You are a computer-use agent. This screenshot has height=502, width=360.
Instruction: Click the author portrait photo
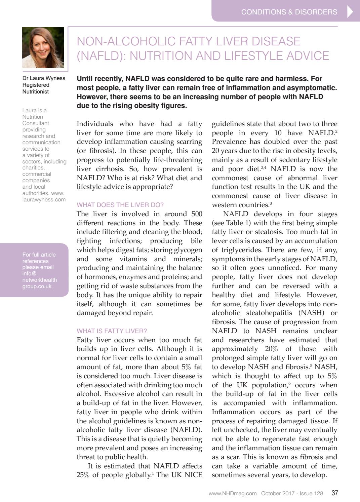coord(43,47)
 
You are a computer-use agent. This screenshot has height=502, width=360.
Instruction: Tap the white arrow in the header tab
coord(350,12)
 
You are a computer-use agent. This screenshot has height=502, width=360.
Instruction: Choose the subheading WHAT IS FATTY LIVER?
coord(112,331)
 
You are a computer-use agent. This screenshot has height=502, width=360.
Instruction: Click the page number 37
coord(334,493)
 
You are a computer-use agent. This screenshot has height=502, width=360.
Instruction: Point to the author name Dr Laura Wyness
coord(44,78)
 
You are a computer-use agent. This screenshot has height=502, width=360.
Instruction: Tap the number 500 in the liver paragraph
coord(197,214)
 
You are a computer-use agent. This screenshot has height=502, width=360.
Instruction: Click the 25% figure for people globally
coord(83,475)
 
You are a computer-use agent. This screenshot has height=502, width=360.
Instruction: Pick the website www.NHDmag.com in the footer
coord(233,494)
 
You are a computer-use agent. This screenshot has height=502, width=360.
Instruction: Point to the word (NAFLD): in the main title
coord(102,55)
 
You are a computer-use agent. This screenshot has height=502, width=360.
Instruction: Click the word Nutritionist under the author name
coord(36,91)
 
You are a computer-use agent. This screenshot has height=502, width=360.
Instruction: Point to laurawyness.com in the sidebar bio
coord(44,199)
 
